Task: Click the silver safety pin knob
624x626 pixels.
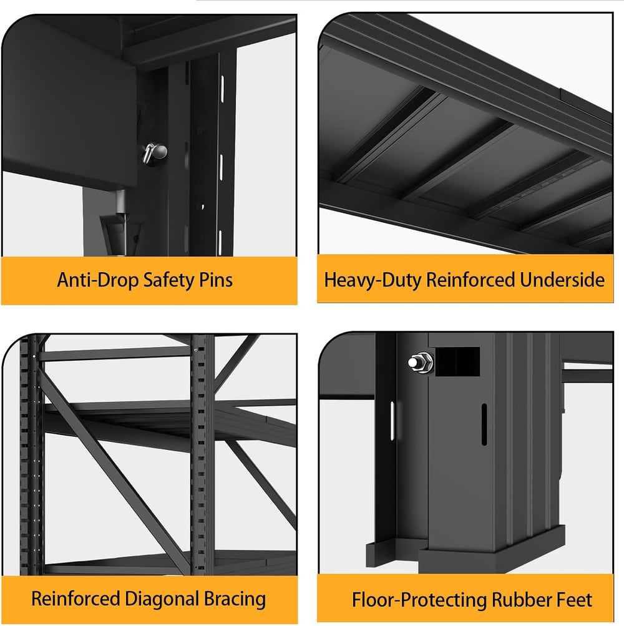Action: click(x=155, y=153)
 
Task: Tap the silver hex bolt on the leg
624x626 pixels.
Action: click(x=421, y=363)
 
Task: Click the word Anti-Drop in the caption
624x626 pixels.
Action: click(x=97, y=280)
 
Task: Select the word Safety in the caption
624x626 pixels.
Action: click(x=168, y=280)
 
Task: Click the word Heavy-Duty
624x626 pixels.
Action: click(x=373, y=280)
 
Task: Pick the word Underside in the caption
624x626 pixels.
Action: click(x=562, y=280)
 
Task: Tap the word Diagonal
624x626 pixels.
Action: click(x=162, y=599)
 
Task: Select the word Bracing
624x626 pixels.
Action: click(x=235, y=599)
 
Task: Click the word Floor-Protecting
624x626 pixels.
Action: click(x=419, y=600)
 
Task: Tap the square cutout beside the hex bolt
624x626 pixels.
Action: click(x=457, y=361)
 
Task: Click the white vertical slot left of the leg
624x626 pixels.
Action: click(x=392, y=421)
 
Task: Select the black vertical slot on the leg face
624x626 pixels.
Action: click(x=484, y=424)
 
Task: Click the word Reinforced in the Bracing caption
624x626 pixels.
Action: click(x=76, y=599)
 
